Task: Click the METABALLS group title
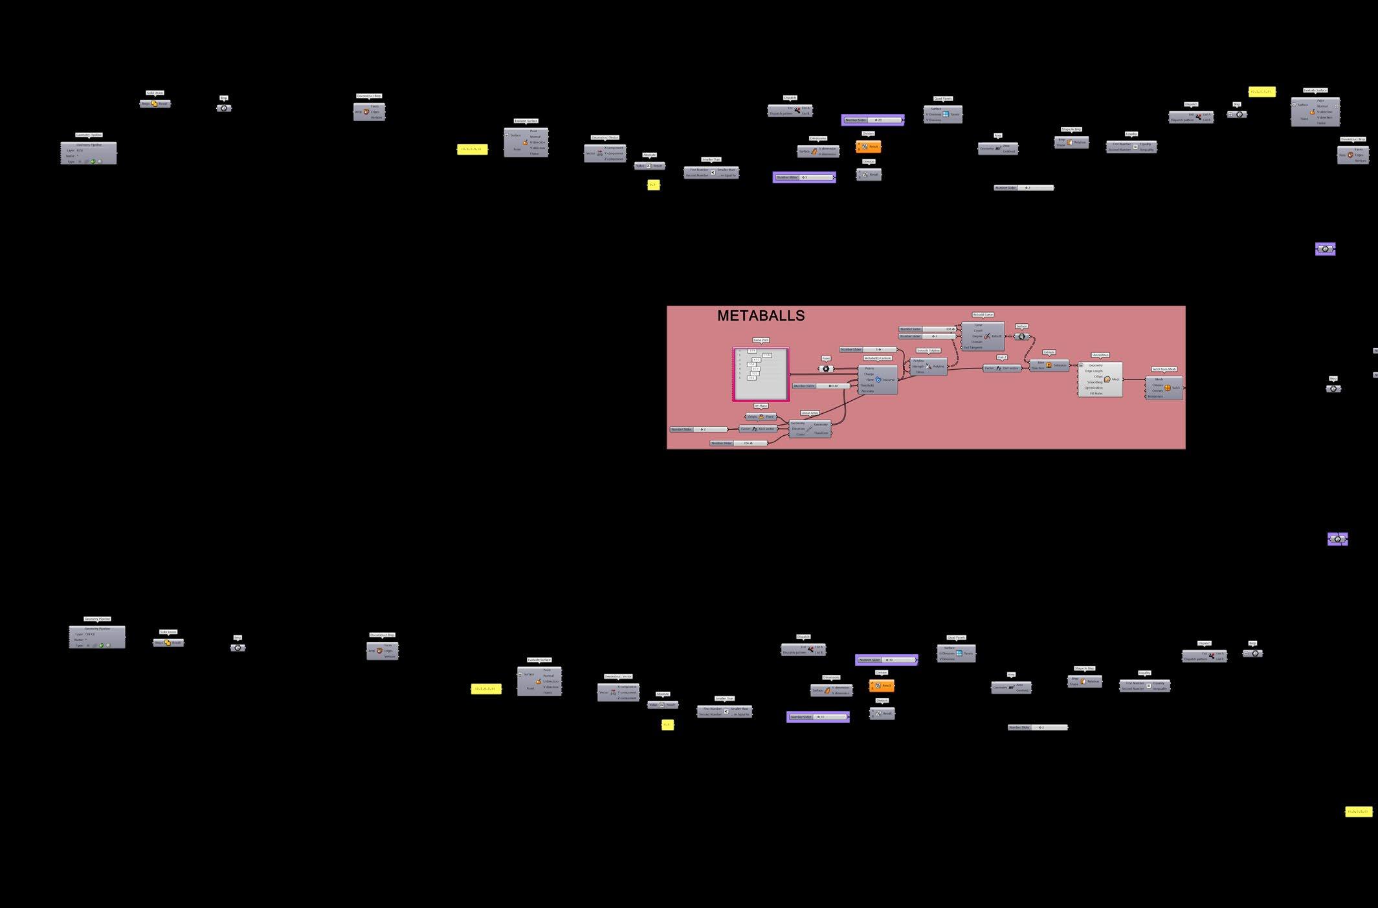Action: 761,316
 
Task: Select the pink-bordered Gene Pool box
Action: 761,374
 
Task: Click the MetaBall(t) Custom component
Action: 878,380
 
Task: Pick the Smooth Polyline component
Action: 928,367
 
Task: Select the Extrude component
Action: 1049,365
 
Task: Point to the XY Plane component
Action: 761,416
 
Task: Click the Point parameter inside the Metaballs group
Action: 826,369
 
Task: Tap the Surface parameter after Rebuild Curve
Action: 1021,336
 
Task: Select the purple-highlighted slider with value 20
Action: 872,120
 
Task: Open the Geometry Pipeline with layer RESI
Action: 89,153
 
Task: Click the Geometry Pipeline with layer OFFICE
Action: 97,637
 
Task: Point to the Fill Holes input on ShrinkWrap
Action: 1096,393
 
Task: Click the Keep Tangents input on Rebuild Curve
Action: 973,347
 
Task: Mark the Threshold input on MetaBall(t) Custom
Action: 867,385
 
